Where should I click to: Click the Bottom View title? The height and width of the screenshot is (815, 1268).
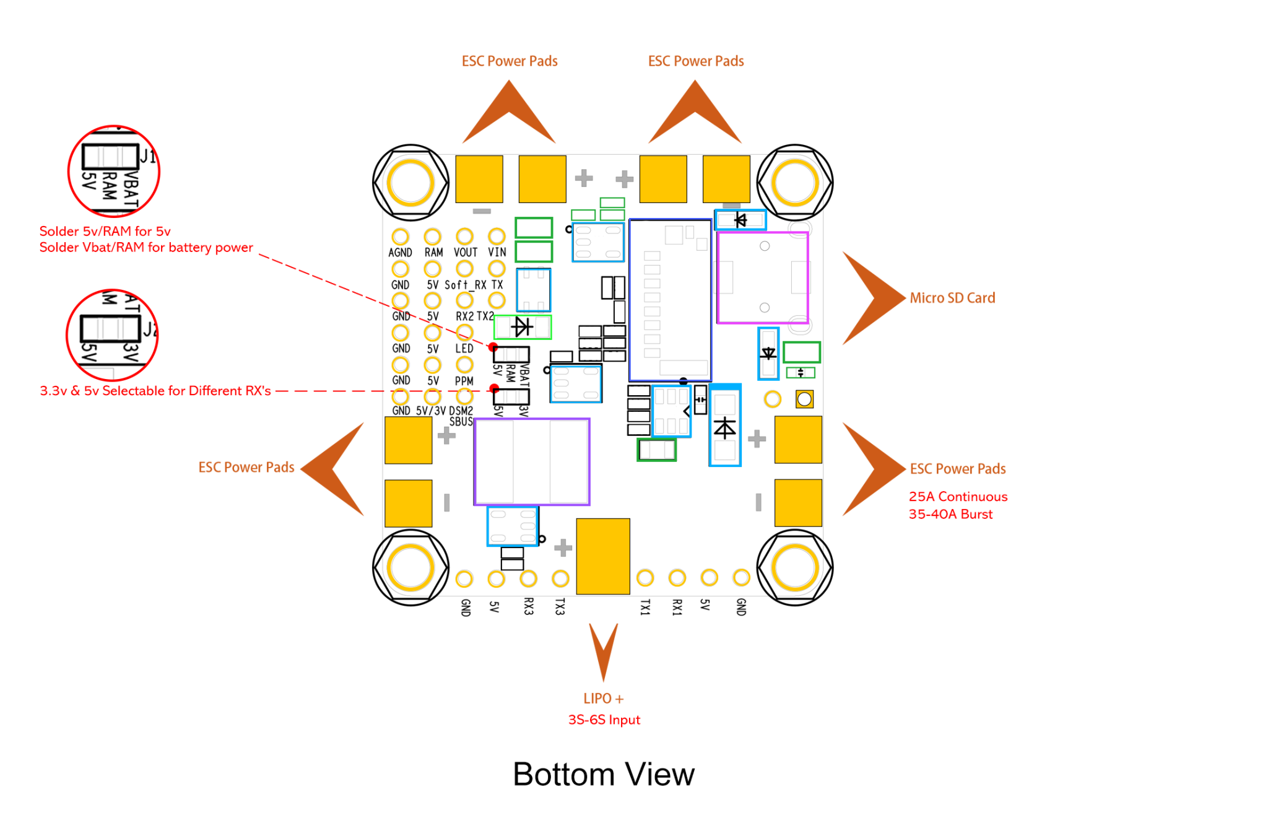[604, 774]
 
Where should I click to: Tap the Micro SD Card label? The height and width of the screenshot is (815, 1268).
[952, 298]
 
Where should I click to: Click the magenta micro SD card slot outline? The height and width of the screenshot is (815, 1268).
[718, 277]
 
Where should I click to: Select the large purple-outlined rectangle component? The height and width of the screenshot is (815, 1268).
[475, 461]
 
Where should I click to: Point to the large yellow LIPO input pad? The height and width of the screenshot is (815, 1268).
[603, 556]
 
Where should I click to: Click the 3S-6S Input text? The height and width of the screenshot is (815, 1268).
[604, 720]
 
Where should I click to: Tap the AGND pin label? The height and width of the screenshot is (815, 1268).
[400, 253]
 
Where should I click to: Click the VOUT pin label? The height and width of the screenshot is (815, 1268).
[466, 253]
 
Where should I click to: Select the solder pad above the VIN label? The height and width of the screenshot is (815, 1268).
[497, 236]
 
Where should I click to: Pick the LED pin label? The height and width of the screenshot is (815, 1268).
[464, 349]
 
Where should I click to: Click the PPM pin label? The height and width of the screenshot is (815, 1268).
[464, 381]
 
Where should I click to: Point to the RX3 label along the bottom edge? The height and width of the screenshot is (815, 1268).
[528, 606]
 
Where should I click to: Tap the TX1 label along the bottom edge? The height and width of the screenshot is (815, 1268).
[645, 607]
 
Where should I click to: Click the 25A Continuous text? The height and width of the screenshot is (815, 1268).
[958, 497]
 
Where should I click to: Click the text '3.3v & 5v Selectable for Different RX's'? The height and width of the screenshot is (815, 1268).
[155, 391]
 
